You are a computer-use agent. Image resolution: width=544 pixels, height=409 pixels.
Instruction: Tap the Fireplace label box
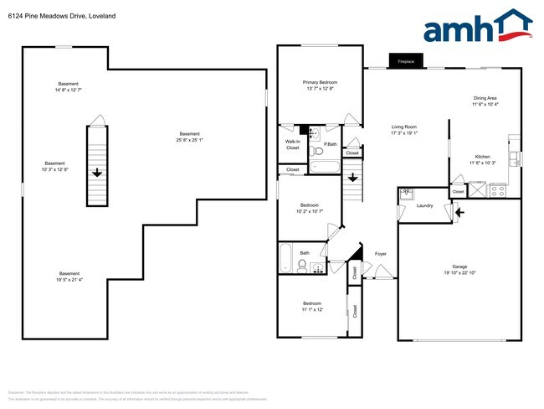[x=406, y=61]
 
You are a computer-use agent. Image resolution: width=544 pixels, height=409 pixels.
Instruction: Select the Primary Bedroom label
[x=320, y=85]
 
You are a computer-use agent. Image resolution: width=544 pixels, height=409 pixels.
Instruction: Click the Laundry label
[x=423, y=204]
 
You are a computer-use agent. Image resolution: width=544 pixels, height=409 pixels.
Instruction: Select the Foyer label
[x=380, y=253]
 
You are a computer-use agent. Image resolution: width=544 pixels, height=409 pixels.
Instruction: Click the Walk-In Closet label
[x=292, y=145]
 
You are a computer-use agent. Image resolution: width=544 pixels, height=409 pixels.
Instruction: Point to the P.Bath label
[x=330, y=145]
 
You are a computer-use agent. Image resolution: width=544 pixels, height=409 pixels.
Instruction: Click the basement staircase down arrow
[x=97, y=173]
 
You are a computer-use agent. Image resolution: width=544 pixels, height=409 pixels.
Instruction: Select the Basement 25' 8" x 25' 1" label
[x=189, y=137]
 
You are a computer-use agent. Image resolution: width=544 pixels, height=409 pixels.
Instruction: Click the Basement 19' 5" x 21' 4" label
[x=69, y=277]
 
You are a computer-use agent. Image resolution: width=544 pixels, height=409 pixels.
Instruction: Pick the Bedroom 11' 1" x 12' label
[x=312, y=306]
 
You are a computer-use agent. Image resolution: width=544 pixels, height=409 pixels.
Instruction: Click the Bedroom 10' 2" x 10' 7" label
[x=310, y=208]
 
